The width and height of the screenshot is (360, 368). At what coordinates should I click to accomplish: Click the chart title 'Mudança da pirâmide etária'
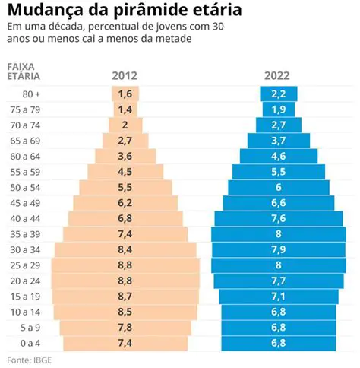tap(125, 11)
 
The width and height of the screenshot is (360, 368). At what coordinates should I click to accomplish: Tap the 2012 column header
tap(125, 75)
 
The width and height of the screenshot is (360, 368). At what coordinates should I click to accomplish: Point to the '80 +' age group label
tap(32, 94)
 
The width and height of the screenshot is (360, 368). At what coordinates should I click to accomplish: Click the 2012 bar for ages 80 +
tap(125, 94)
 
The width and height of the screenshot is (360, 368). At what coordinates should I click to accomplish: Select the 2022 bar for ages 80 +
tap(278, 94)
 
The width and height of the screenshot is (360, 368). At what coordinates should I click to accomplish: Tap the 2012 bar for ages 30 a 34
tap(125, 250)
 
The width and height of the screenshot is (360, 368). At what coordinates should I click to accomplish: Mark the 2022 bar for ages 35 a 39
tap(278, 234)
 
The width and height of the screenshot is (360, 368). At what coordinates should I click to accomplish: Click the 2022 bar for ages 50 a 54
tap(278, 187)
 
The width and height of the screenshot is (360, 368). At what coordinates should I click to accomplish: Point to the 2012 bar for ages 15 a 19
tap(125, 297)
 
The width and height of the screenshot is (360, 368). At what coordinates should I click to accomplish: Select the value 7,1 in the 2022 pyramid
tap(278, 297)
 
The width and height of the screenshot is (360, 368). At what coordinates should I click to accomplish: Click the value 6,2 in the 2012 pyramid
tap(125, 203)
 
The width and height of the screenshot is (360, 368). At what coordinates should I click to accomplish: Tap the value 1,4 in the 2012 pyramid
tap(125, 109)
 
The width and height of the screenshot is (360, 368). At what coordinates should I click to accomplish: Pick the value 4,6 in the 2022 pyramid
tap(278, 156)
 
